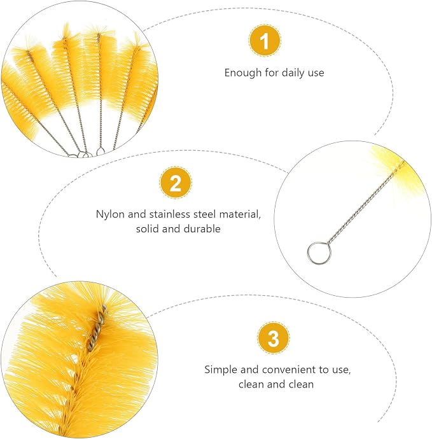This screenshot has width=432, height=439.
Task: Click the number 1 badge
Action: point(265,41)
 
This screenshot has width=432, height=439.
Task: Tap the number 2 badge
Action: point(176,183)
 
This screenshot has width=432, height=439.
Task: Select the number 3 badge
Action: point(273,338)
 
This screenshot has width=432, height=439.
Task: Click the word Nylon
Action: point(110,214)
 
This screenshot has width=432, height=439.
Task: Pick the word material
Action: point(240,215)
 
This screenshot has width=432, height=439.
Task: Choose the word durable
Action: point(202,229)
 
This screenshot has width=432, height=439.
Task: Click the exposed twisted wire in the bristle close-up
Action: point(96,328)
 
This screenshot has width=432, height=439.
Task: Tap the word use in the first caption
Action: point(316,73)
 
